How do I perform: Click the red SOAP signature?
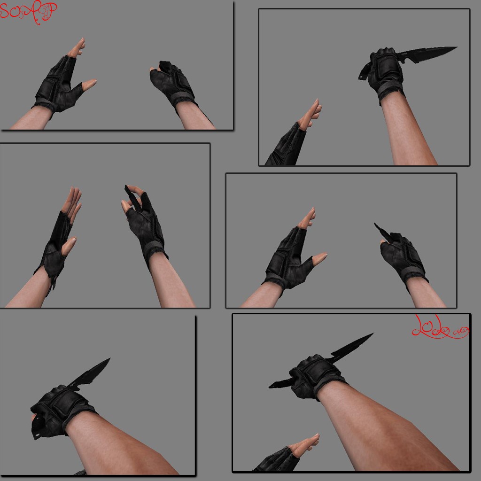28,13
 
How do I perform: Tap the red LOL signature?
439,329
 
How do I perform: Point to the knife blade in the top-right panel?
427,54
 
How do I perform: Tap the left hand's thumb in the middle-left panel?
69,244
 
